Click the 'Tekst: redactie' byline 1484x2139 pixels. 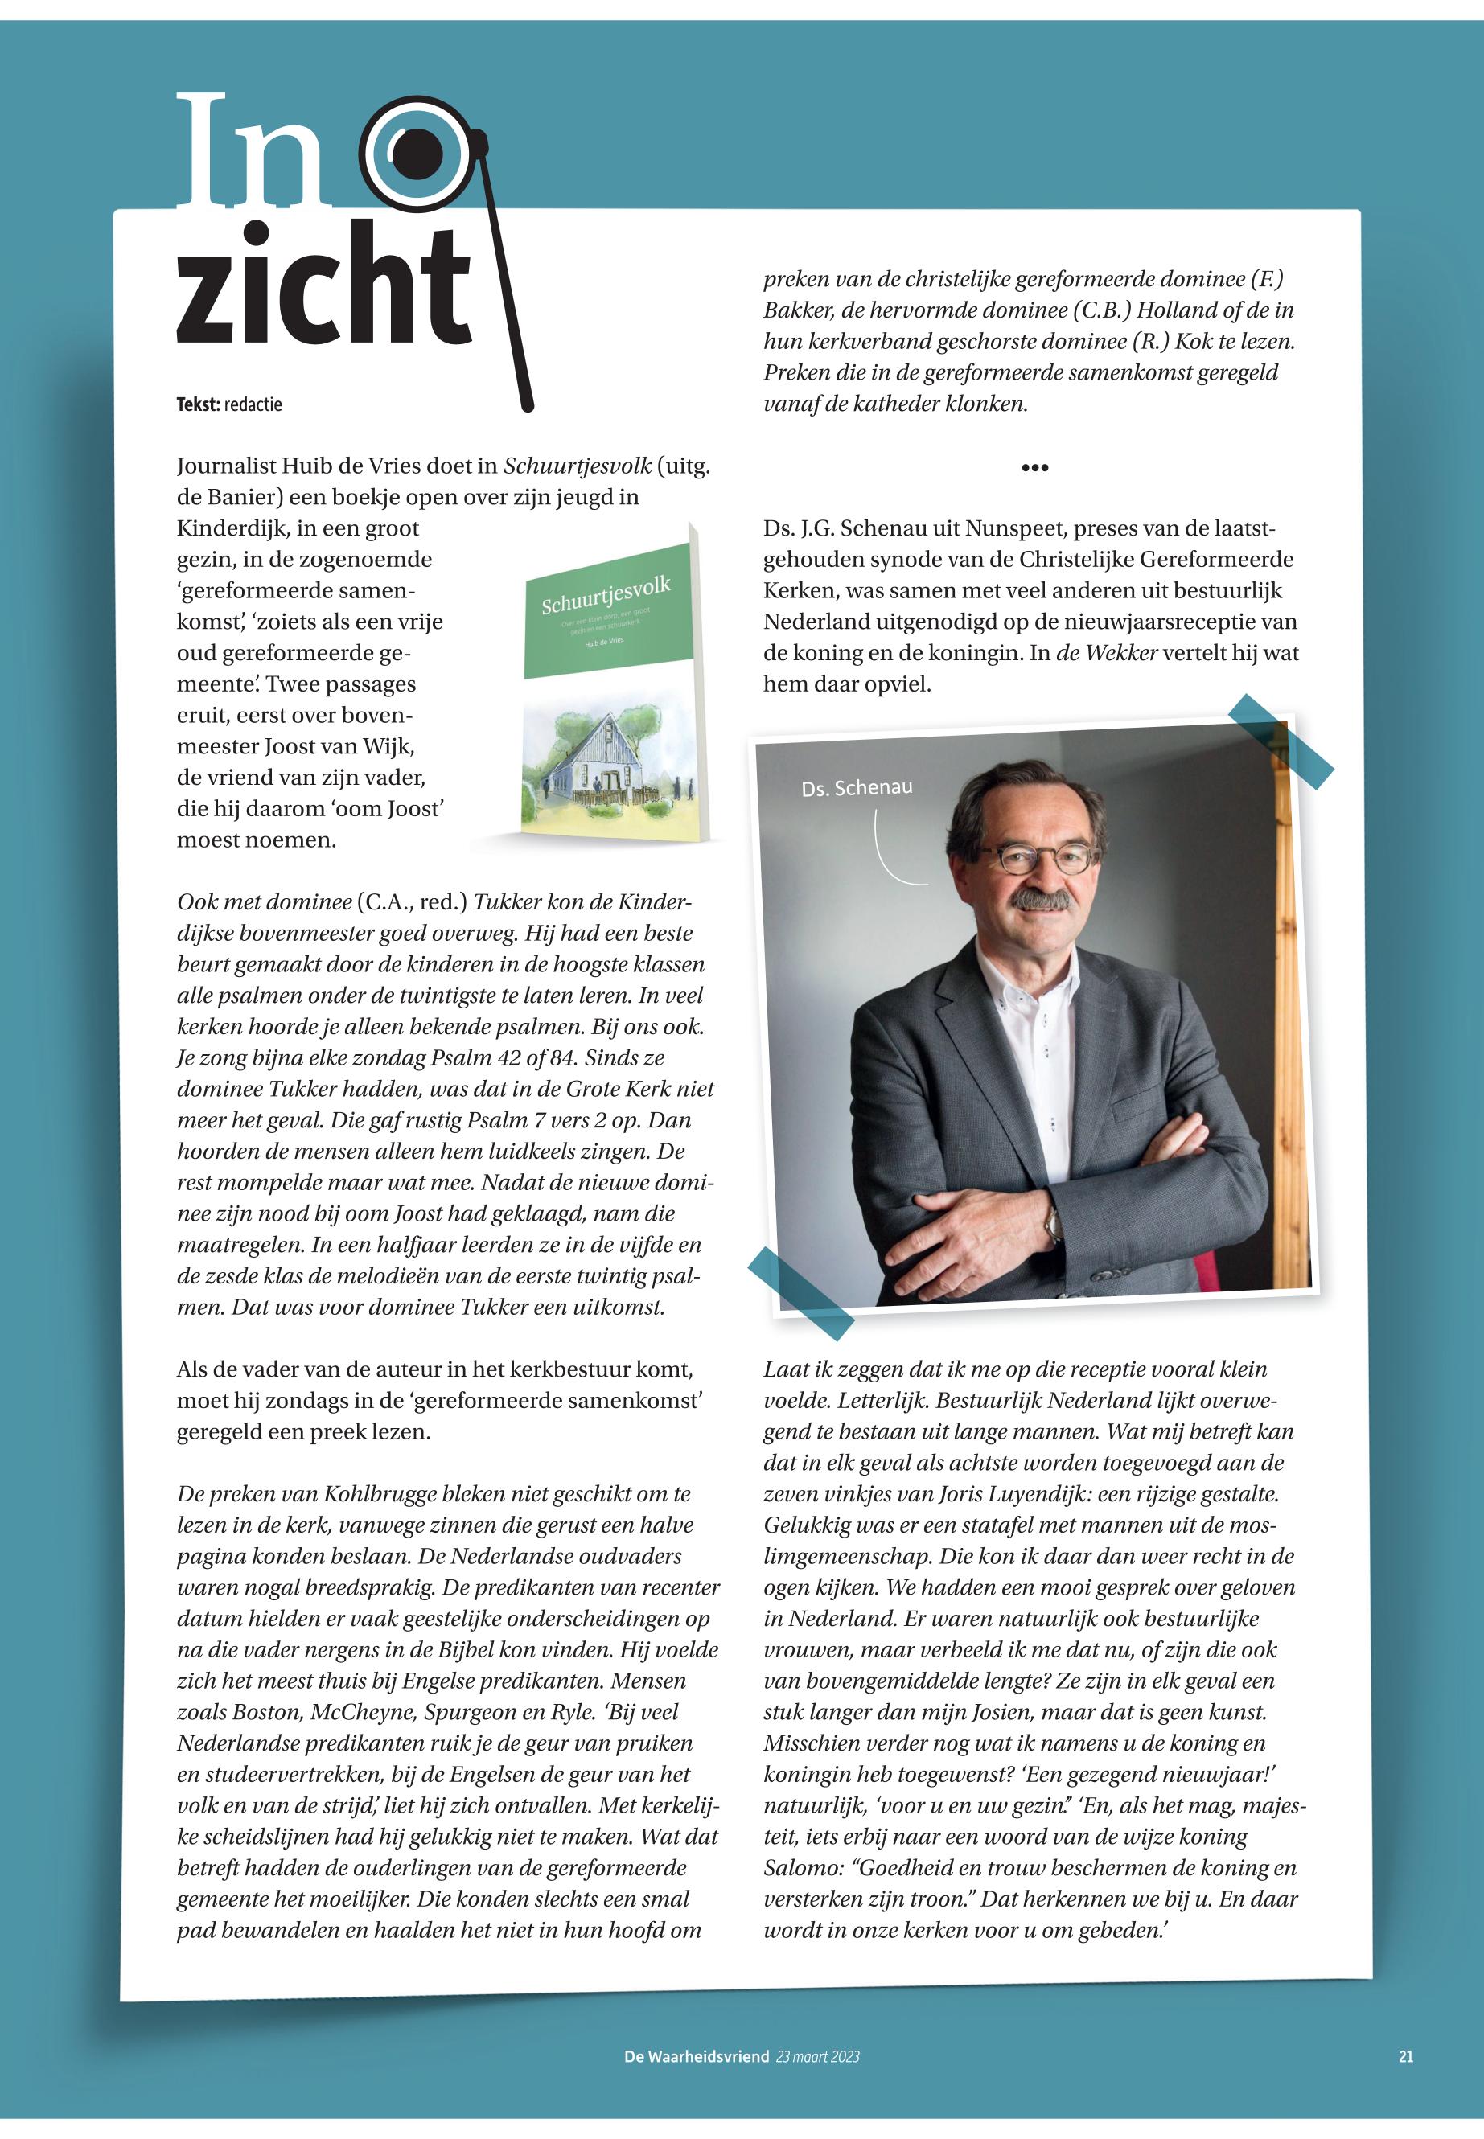point(228,404)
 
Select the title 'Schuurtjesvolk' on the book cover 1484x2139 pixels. point(606,596)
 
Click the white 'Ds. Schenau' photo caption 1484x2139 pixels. point(857,788)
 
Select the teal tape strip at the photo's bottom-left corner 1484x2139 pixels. point(800,1293)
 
